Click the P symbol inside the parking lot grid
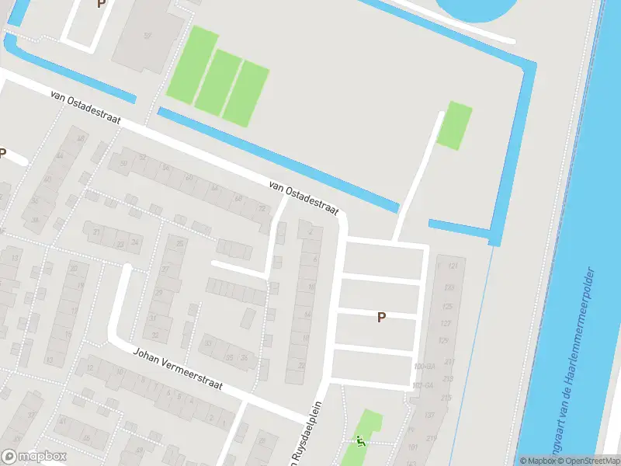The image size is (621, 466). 381,317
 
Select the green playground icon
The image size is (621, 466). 359,440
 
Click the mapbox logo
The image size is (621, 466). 33,457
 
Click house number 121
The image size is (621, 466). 453,266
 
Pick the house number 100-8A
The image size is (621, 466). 424,367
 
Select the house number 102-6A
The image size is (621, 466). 424,384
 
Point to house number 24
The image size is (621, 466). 135,242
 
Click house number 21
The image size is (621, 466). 97,231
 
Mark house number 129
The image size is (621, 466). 443,340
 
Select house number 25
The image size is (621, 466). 181,244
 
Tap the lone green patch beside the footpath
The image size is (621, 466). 455,125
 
